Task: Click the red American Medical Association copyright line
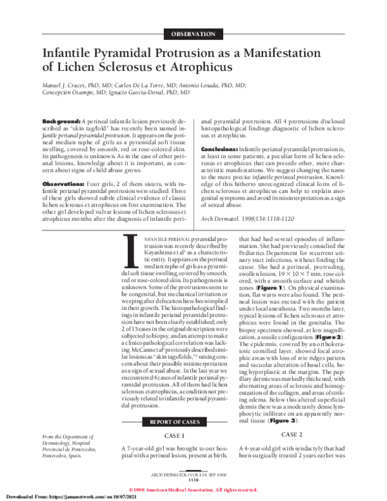193,489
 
